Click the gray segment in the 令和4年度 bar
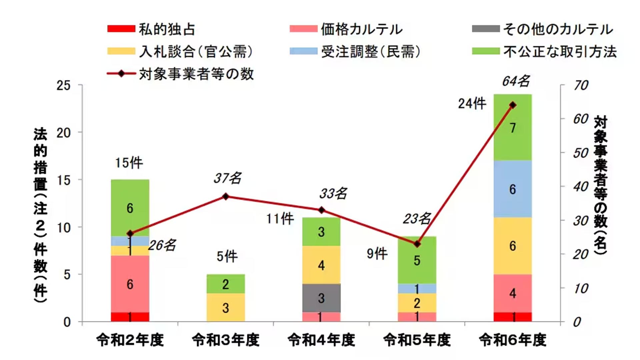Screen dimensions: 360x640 click(x=321, y=298)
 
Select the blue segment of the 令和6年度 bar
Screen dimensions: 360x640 click(x=512, y=189)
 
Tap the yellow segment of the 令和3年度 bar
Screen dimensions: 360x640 click(x=226, y=307)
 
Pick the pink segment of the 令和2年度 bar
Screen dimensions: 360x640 click(x=130, y=284)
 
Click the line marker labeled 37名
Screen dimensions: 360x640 click(x=226, y=196)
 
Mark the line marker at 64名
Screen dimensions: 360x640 click(x=513, y=105)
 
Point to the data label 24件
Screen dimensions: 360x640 click(x=472, y=104)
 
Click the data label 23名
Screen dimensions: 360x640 click(x=417, y=219)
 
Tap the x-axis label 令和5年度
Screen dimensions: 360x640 click(x=417, y=340)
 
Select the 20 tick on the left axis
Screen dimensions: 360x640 click(x=63, y=133)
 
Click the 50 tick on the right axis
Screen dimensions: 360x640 click(x=581, y=153)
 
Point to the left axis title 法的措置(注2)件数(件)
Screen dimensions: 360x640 click(x=40, y=215)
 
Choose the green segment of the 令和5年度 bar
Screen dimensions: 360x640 click(x=417, y=260)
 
